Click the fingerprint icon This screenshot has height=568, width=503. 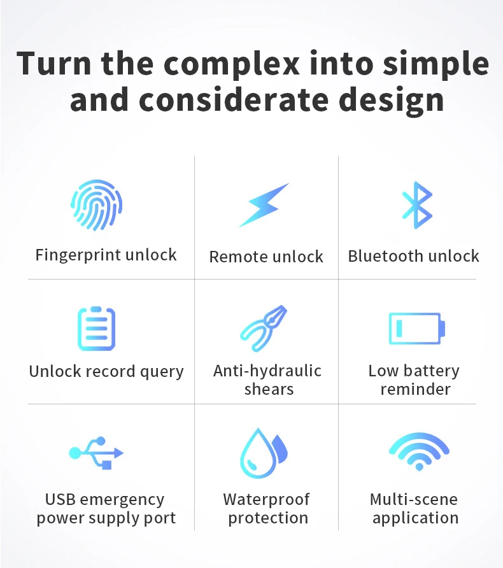point(96,205)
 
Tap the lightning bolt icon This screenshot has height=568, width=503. point(264,205)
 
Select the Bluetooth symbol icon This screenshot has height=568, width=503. point(417,205)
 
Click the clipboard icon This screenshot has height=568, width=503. point(96,329)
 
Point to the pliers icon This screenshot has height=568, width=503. point(264,329)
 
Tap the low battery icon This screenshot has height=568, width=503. point(416,329)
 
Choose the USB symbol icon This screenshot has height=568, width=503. point(96,453)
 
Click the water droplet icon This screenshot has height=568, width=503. point(264,453)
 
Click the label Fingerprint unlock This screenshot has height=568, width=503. point(106,255)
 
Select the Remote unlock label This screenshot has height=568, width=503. point(266,257)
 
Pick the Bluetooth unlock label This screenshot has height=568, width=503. point(413,256)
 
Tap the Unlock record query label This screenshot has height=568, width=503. point(106,371)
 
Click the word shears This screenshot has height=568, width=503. point(269,389)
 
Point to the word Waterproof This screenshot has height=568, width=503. point(266,499)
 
